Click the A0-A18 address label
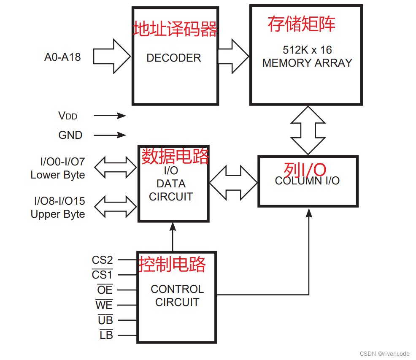tap(62, 57)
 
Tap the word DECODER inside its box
tap(173, 58)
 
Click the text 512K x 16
tap(307, 50)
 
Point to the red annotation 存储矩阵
tap(301, 24)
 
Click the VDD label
tap(68, 116)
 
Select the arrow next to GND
tap(110, 135)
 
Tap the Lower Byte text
tap(58, 175)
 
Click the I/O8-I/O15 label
tap(59, 200)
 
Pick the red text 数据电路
tap(175, 156)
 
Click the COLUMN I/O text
tap(307, 181)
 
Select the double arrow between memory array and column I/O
tap(308, 130)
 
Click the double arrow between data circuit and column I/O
tap(233, 182)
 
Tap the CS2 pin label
tap(102, 260)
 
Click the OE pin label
tap(105, 290)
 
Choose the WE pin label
tap(104, 305)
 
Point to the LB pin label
tap(106, 336)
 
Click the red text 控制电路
tap(173, 265)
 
